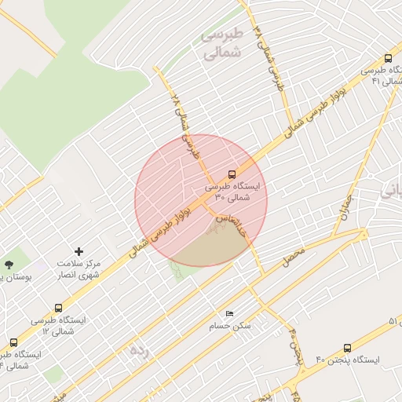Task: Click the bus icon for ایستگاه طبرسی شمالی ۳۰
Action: click(232, 174)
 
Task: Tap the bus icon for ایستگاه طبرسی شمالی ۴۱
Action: click(388, 58)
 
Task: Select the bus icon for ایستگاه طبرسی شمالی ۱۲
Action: click(13, 342)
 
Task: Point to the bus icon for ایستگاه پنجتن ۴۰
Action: click(348, 347)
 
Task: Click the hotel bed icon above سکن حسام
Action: click(229, 313)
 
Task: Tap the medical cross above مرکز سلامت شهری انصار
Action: click(78, 250)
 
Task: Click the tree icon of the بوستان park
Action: click(9, 265)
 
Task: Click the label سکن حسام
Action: click(229, 325)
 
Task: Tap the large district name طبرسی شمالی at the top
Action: click(221, 45)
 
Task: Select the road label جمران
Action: click(343, 209)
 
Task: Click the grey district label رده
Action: click(138, 349)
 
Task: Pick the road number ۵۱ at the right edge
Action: click(393, 321)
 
